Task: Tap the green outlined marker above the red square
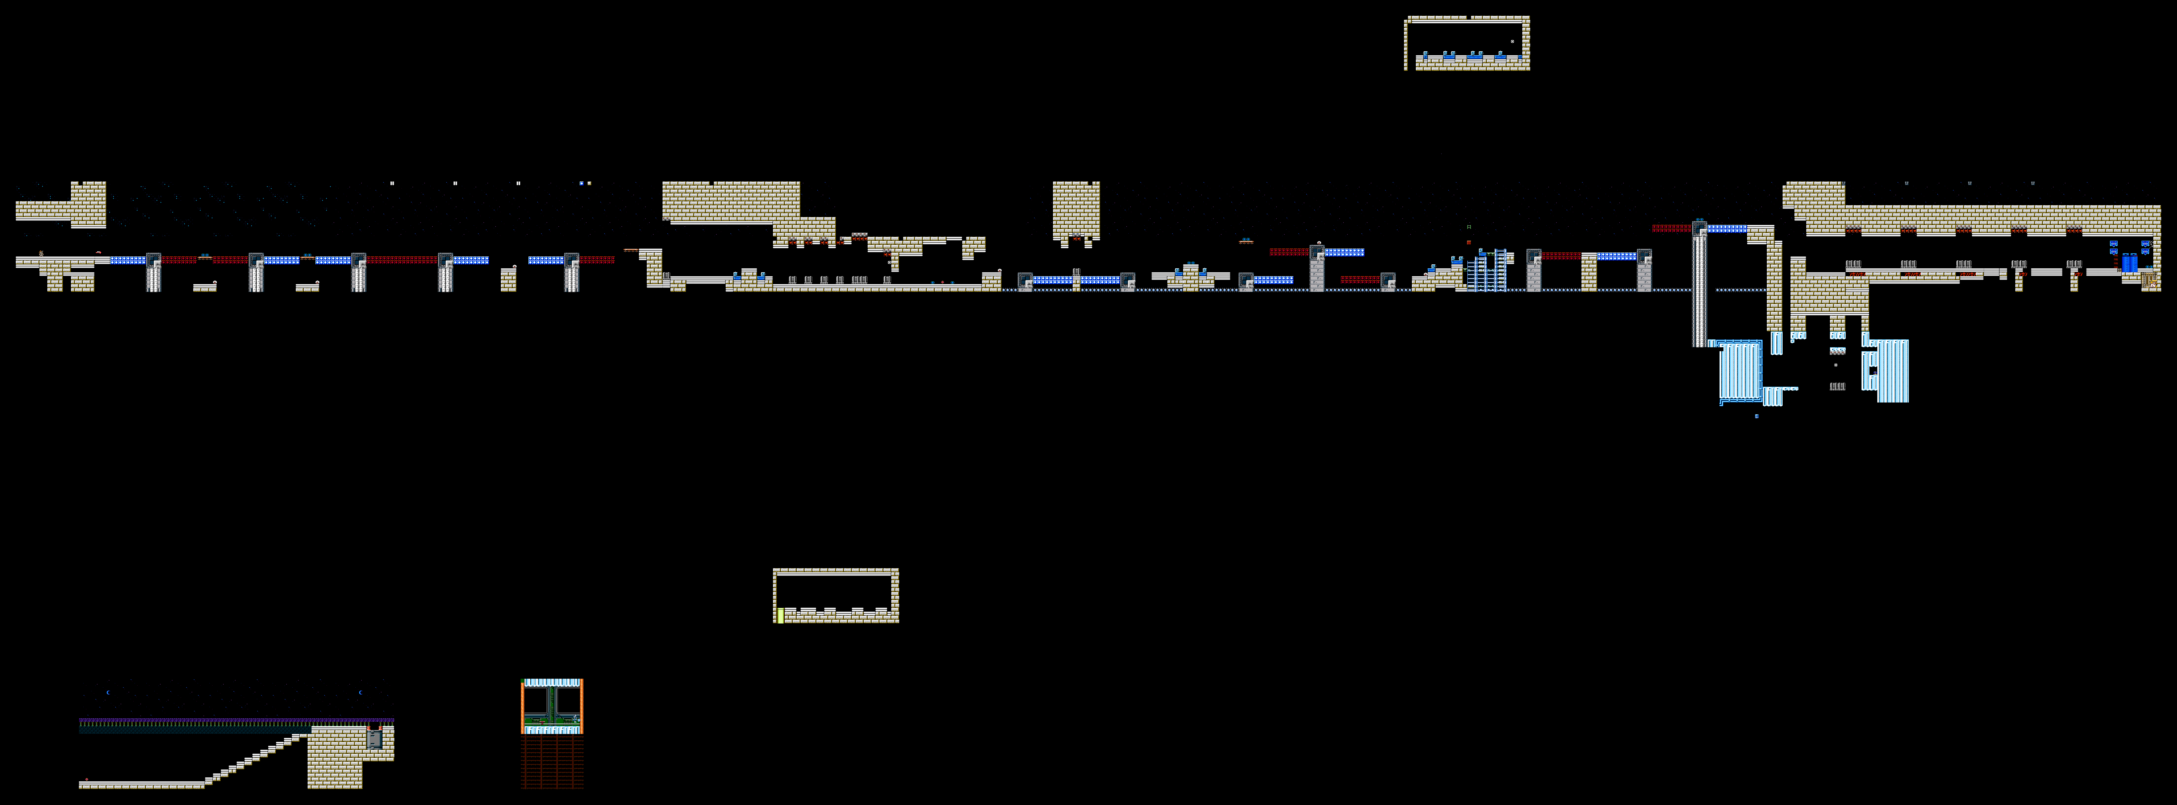coord(1469,227)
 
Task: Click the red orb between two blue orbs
coord(942,282)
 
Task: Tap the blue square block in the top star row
coord(581,183)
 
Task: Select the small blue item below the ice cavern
coord(1756,416)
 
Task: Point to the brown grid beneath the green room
coord(552,761)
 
